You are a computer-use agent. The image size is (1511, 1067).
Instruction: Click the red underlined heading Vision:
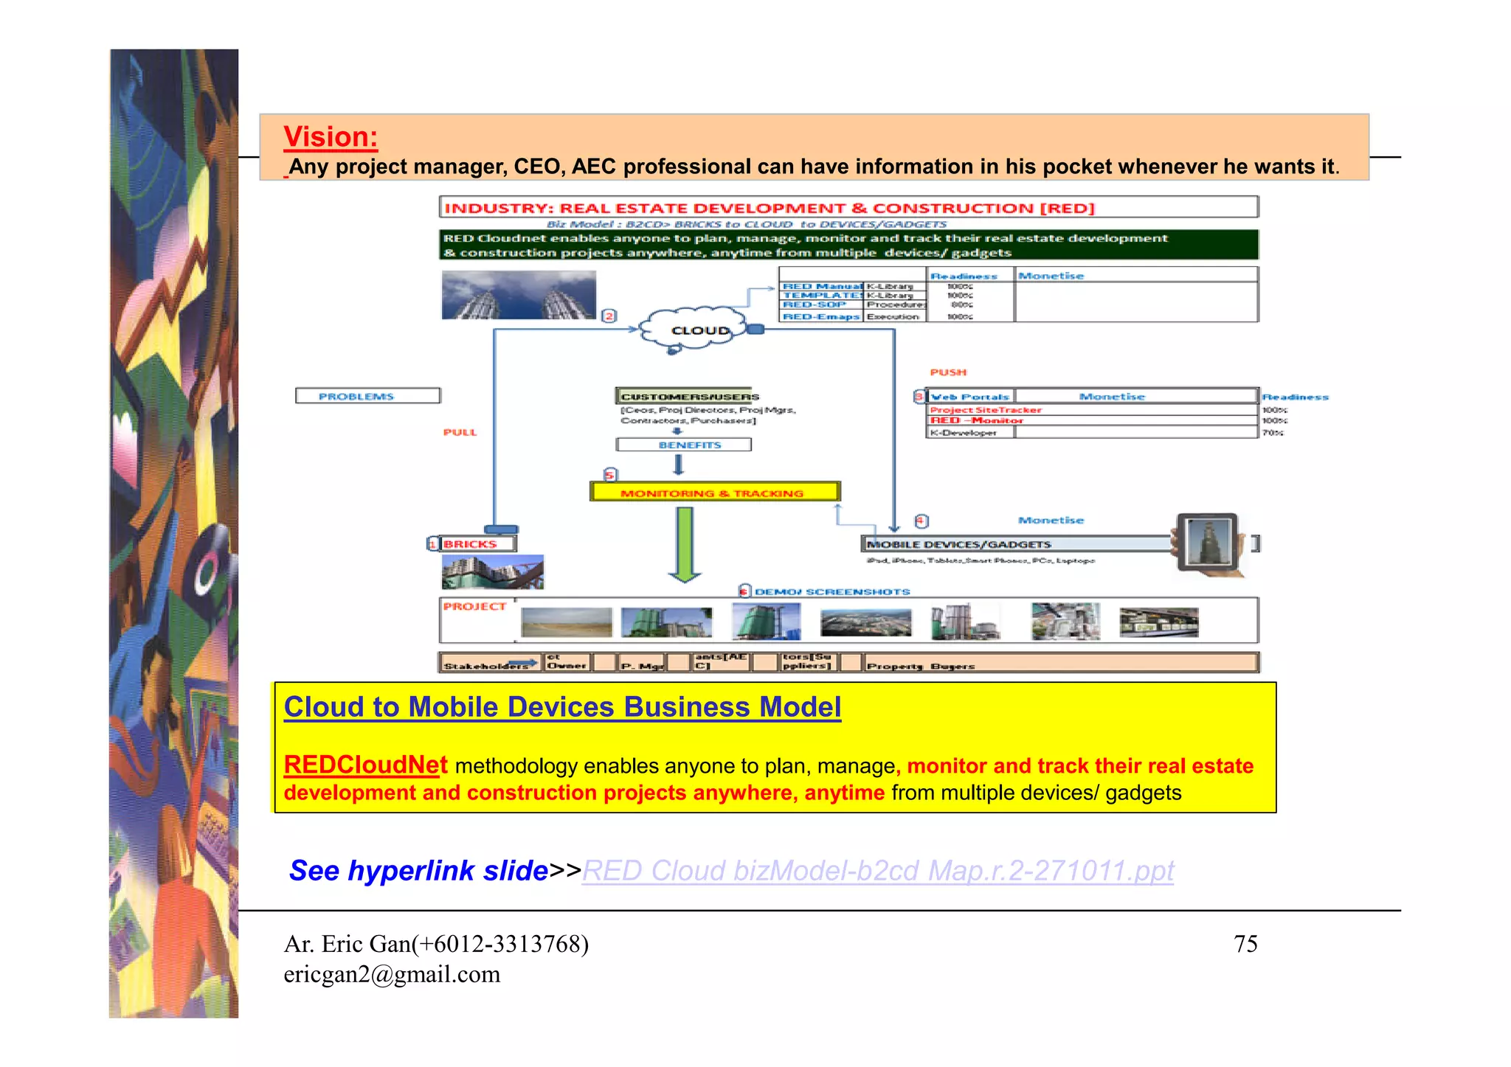pyautogui.click(x=331, y=137)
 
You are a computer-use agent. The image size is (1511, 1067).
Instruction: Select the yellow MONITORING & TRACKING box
pyautogui.click(x=714, y=492)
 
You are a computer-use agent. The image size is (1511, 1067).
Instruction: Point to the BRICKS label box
pyautogui.click(x=477, y=543)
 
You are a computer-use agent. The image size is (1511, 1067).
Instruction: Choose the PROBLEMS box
pyautogui.click(x=367, y=396)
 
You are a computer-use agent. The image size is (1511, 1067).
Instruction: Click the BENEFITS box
pyautogui.click(x=684, y=445)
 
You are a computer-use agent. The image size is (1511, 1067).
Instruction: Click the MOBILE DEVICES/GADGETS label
pyautogui.click(x=959, y=544)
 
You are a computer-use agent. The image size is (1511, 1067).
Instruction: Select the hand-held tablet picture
pyautogui.click(x=1208, y=542)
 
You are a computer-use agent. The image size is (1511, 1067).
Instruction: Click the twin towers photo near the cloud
pyautogui.click(x=518, y=295)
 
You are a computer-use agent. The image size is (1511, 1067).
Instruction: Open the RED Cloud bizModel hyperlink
pyautogui.click(x=877, y=871)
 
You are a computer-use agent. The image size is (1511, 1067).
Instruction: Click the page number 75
pyautogui.click(x=1245, y=944)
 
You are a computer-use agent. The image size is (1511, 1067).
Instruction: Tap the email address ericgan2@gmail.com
pyautogui.click(x=392, y=975)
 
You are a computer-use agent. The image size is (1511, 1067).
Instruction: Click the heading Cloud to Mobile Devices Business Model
pyautogui.click(x=562, y=707)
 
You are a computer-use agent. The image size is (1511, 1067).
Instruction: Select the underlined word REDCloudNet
pyautogui.click(x=366, y=765)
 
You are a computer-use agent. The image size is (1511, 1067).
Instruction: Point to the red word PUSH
pyautogui.click(x=948, y=372)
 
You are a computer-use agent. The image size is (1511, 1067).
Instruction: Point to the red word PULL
pyautogui.click(x=460, y=432)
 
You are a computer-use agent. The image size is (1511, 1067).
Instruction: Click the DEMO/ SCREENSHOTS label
pyautogui.click(x=831, y=591)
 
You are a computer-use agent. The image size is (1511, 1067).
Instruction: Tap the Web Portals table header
pyautogui.click(x=970, y=396)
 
